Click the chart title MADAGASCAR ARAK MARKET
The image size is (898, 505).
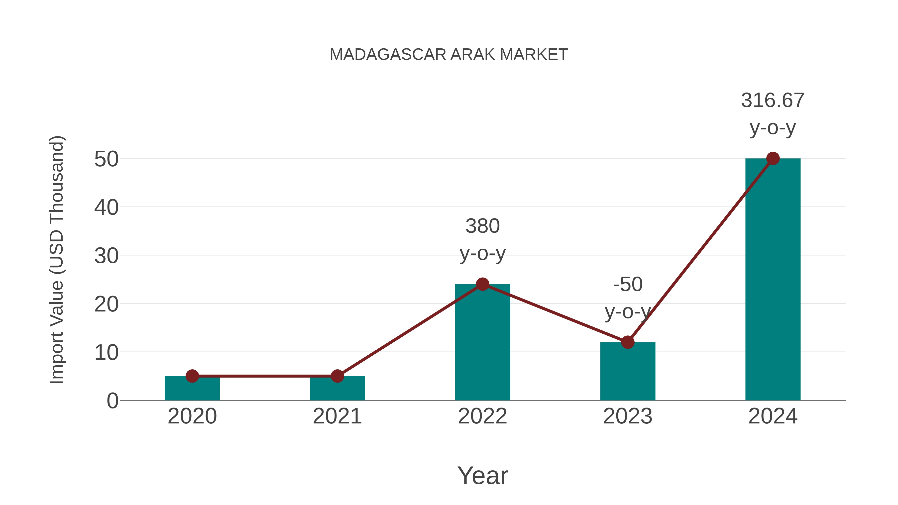[449, 55]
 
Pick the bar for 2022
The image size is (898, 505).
[482, 345]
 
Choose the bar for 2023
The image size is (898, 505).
[628, 373]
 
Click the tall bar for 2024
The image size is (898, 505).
[773, 279]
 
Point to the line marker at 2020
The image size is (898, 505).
[192, 376]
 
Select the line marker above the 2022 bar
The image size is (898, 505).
[482, 284]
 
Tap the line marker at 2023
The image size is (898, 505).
[628, 342]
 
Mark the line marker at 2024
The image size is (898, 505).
[773, 159]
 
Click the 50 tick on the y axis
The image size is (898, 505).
[106, 159]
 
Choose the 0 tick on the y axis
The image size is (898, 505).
[112, 401]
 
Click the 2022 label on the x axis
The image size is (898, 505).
[482, 416]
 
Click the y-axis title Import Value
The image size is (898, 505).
[56, 260]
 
